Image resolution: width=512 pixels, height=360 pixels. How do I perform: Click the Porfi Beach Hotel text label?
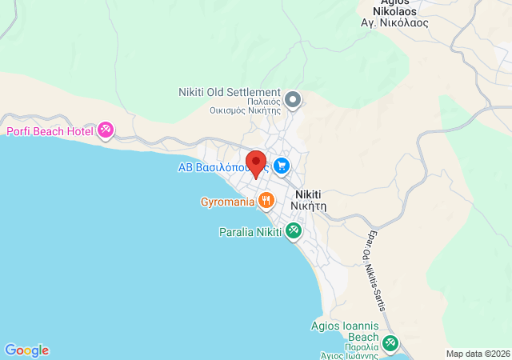click(x=50, y=131)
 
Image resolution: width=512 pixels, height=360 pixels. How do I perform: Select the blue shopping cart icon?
click(x=281, y=166)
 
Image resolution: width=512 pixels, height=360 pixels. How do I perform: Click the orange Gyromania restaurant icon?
click(x=266, y=201)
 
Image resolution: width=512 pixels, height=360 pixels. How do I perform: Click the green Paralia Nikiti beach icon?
click(x=294, y=232)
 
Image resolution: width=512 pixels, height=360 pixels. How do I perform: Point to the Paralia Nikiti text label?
click(x=250, y=233)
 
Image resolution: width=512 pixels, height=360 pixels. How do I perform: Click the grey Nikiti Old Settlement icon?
click(x=293, y=100)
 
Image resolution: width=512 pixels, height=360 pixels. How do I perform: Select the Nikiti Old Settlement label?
click(x=230, y=93)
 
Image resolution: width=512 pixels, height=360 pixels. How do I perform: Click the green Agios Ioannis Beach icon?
click(x=390, y=343)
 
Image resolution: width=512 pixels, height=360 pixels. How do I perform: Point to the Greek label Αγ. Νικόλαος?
click(x=395, y=23)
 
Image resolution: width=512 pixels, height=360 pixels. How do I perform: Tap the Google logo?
click(x=26, y=350)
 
